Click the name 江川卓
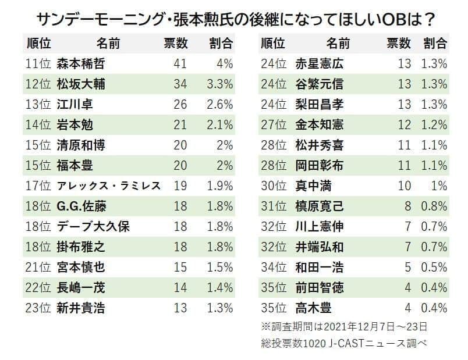click(x=75, y=104)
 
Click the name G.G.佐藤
click(x=81, y=206)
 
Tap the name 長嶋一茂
click(x=80, y=288)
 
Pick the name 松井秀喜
click(x=319, y=145)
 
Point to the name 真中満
click(x=313, y=186)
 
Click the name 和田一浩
click(x=319, y=268)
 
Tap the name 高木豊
click(x=313, y=308)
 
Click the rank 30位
click(x=274, y=186)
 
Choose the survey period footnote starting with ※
click(x=345, y=326)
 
